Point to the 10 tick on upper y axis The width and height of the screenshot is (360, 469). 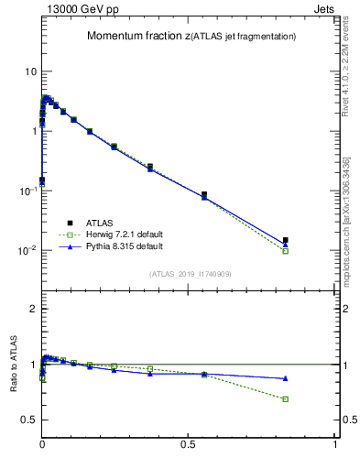[x=30, y=71]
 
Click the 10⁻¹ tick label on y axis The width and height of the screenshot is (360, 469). [x=27, y=191]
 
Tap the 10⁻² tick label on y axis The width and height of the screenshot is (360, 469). [x=27, y=250]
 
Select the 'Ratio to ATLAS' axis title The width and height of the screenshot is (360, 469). [x=14, y=392]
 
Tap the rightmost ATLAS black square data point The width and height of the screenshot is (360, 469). [x=286, y=240]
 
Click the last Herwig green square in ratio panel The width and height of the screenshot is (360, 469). [x=286, y=399]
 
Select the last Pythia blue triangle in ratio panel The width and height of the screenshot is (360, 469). [x=286, y=378]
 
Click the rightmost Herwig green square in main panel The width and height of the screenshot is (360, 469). [x=286, y=251]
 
